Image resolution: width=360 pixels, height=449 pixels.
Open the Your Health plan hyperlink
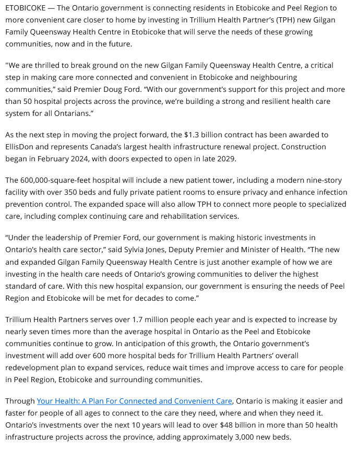tap(134, 401)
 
